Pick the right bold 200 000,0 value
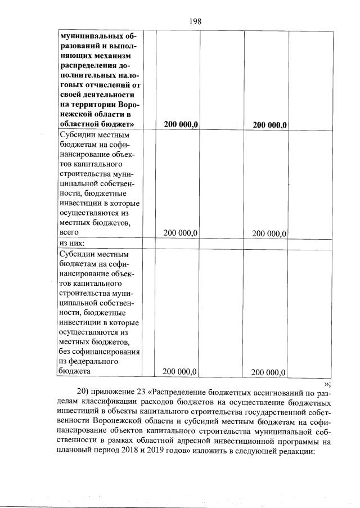(270, 125)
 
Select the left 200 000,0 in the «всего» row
(180, 233)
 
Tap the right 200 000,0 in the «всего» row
(269, 233)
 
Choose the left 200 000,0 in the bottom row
(179, 371)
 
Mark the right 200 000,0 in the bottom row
(269, 372)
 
